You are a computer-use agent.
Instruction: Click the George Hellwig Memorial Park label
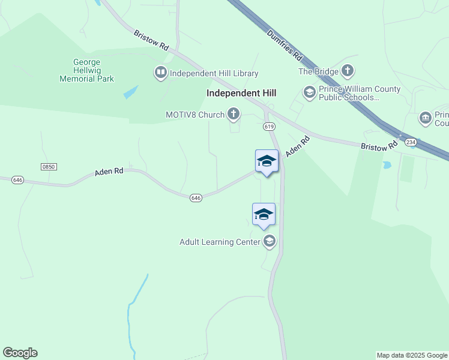94,70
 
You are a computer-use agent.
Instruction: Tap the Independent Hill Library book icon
161,73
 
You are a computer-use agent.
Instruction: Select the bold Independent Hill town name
241,93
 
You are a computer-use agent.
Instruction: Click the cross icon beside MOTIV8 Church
233,114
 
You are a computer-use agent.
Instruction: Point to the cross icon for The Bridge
348,71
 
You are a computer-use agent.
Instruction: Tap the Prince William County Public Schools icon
309,92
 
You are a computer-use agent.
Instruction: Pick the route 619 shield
268,127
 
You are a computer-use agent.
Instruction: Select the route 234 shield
411,142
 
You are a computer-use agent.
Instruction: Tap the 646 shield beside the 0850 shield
17,180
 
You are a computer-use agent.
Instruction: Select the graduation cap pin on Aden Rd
267,161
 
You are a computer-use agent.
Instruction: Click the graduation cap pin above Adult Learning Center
264,215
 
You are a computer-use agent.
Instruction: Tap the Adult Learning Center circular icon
270,242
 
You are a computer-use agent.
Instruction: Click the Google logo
20,353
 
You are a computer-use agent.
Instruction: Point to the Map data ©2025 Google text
412,355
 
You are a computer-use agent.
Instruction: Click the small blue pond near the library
131,92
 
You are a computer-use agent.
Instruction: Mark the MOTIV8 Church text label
195,114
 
